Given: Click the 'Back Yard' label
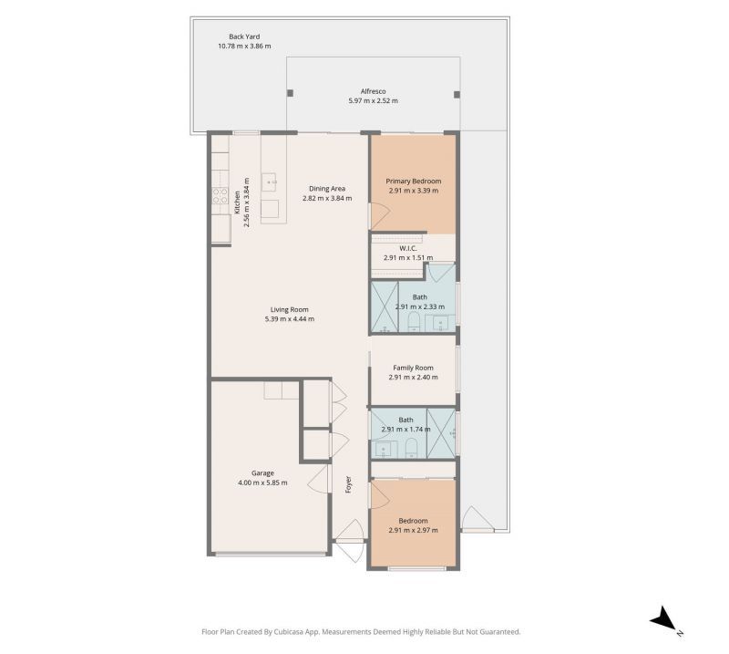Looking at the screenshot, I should pyautogui.click(x=243, y=36).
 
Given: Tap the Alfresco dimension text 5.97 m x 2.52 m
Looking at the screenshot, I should pyautogui.click(x=373, y=100).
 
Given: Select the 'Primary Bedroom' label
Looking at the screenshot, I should pyautogui.click(x=413, y=181).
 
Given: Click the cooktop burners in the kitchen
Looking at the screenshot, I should pyautogui.click(x=220, y=194).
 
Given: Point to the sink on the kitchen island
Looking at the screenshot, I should pyautogui.click(x=271, y=182).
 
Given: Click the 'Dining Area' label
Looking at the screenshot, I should pyautogui.click(x=326, y=189).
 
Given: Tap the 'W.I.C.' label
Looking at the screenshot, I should pyautogui.click(x=407, y=248).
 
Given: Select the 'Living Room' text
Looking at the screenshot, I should pyautogui.click(x=289, y=309).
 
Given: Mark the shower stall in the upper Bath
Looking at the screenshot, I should pyautogui.click(x=384, y=307).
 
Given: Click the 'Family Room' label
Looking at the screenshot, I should pyautogui.click(x=413, y=368).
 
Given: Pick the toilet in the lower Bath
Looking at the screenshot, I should pyautogui.click(x=410, y=446).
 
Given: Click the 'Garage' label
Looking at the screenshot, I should pyautogui.click(x=263, y=472).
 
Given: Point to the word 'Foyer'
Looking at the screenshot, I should pyautogui.click(x=348, y=484).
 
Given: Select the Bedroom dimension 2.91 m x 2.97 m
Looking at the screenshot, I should pyautogui.click(x=413, y=530).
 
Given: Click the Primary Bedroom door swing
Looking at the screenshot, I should pyautogui.click(x=379, y=215).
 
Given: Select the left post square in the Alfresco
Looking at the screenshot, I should pyautogui.click(x=291, y=93).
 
